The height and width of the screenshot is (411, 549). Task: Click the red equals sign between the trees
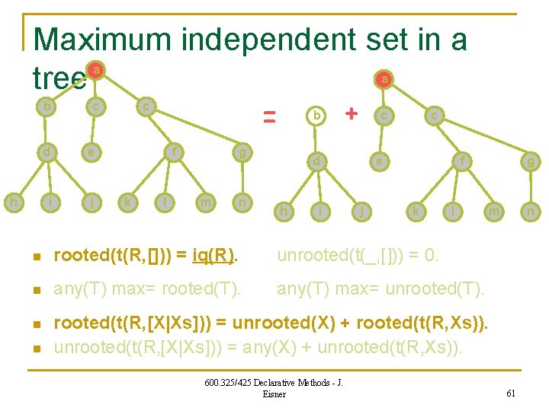[x=268, y=116]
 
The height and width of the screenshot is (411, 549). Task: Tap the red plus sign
[x=351, y=113]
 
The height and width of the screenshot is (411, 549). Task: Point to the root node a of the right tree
[x=386, y=78]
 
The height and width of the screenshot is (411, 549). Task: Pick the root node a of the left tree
[x=95, y=71]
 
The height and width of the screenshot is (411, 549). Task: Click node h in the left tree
[x=13, y=202]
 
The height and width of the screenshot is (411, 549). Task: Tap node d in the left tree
[x=47, y=151]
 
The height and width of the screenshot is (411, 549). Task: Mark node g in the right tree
[x=529, y=161]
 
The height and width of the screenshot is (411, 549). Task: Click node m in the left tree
[x=204, y=202]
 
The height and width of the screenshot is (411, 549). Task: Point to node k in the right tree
[x=416, y=211]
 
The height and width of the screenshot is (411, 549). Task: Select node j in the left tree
[x=91, y=202]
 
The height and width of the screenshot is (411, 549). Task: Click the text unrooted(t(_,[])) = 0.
[x=358, y=255]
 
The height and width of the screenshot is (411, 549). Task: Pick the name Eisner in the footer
[x=273, y=393]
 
